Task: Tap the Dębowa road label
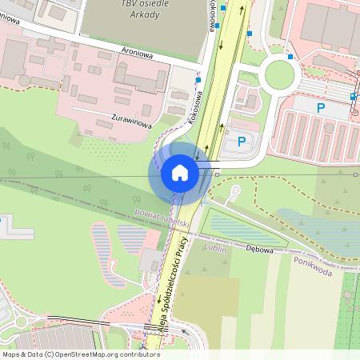click(261, 248)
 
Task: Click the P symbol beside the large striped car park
click(321, 108)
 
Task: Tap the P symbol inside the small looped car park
click(242, 142)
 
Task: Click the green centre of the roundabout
click(279, 74)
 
